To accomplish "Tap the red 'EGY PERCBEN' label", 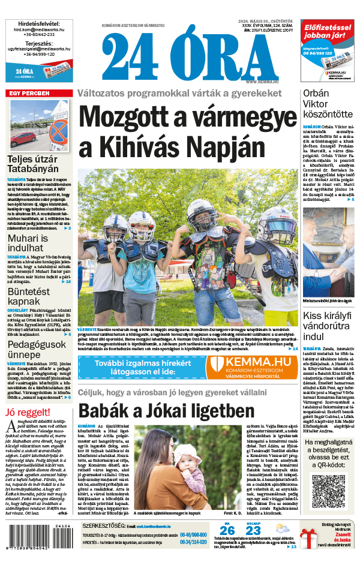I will [x=28, y=93].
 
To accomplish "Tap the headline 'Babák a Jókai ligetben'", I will [x=167, y=411].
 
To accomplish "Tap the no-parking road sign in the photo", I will [x=58, y=130].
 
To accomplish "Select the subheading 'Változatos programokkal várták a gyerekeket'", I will [x=178, y=94].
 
